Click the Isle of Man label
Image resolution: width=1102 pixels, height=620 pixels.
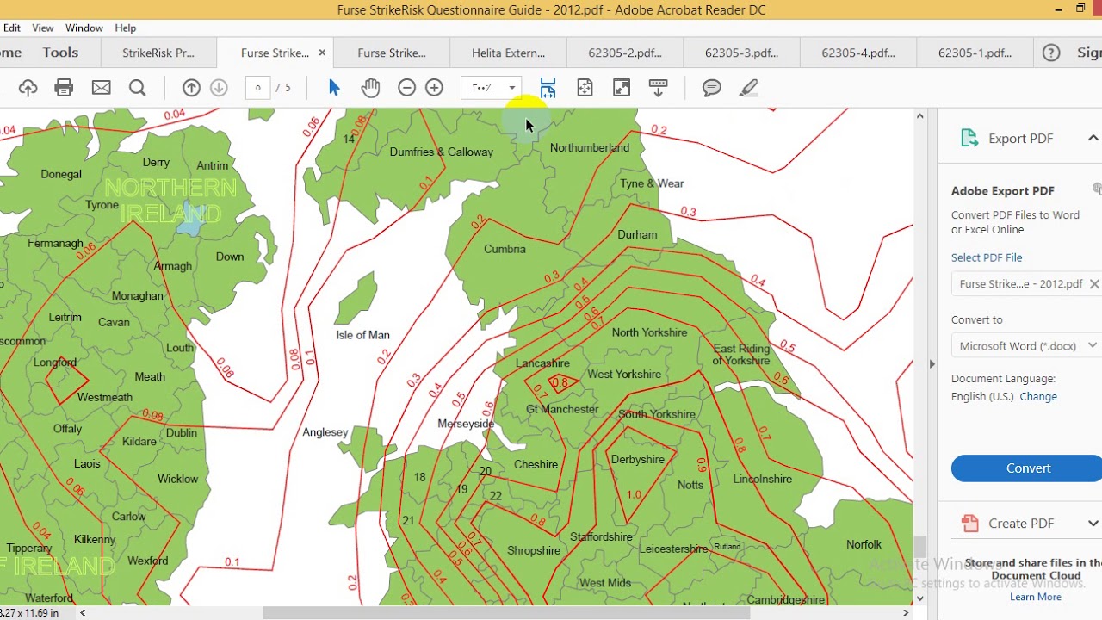pos(362,335)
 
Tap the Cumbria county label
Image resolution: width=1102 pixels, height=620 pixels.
pos(505,249)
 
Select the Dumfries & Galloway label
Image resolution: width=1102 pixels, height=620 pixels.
pos(441,152)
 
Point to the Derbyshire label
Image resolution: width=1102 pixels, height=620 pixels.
pos(637,460)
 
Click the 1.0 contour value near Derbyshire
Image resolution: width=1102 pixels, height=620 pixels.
pos(634,494)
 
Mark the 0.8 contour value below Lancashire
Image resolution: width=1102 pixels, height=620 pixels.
pos(560,383)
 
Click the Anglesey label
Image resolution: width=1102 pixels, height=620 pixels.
pos(325,432)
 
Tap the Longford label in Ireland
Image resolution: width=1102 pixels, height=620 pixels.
pos(55,363)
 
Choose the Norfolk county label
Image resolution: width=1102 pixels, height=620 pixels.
pos(864,544)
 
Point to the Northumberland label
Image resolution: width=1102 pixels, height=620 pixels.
pos(589,148)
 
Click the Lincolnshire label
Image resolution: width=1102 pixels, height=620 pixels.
pos(762,479)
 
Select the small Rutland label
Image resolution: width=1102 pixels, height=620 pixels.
pos(727,547)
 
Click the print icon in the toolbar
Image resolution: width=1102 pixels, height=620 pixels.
pos(64,88)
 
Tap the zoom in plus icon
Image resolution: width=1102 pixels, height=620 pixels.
pos(434,88)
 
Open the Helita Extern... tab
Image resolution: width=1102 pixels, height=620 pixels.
pos(508,53)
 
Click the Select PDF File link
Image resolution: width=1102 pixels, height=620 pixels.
pos(987,257)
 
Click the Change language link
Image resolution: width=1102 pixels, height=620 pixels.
pos(1038,397)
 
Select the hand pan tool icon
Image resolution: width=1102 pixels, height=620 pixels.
pos(370,88)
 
